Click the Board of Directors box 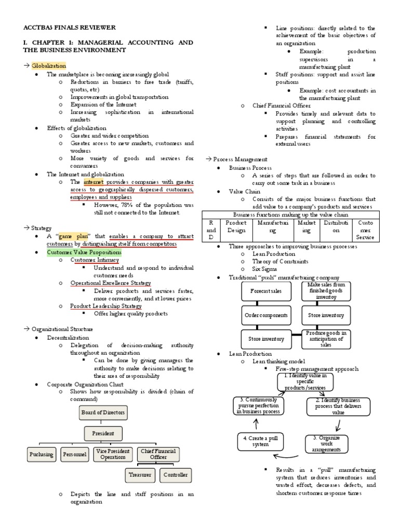coord(103,413)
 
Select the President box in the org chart coord(103,433)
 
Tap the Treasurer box coord(140,474)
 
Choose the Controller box coord(175,474)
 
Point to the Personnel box coord(75,454)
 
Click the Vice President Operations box coord(113,454)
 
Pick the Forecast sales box coord(266,291)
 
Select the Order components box coord(266,315)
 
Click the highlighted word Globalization coord(48,66)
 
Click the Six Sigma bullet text coord(265,270)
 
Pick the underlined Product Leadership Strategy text coord(106,306)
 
